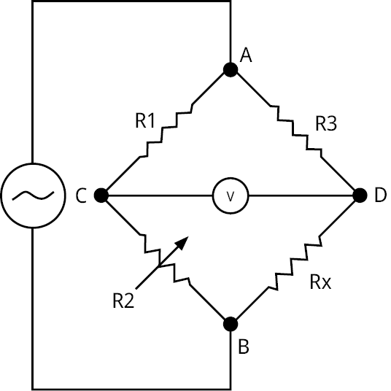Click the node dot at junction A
pos(231,70)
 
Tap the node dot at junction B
pos(231,324)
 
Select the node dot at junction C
pos(101,195)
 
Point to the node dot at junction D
pos(360,195)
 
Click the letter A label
pos(246,55)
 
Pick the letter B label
pos(244,346)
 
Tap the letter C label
pos(81,195)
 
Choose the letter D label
pos(381,195)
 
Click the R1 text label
pos(145,120)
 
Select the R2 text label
pos(123,301)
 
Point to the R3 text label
pos(326,123)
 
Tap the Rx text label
pos(321,282)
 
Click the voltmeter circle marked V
pos(231,195)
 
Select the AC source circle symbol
pos(33,195)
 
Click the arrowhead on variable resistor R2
pos(182,242)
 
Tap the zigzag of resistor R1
pos(166,130)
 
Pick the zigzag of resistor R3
pos(296,131)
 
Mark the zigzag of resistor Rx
pos(295,263)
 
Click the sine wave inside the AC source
pos(33,195)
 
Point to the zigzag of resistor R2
pos(165,259)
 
